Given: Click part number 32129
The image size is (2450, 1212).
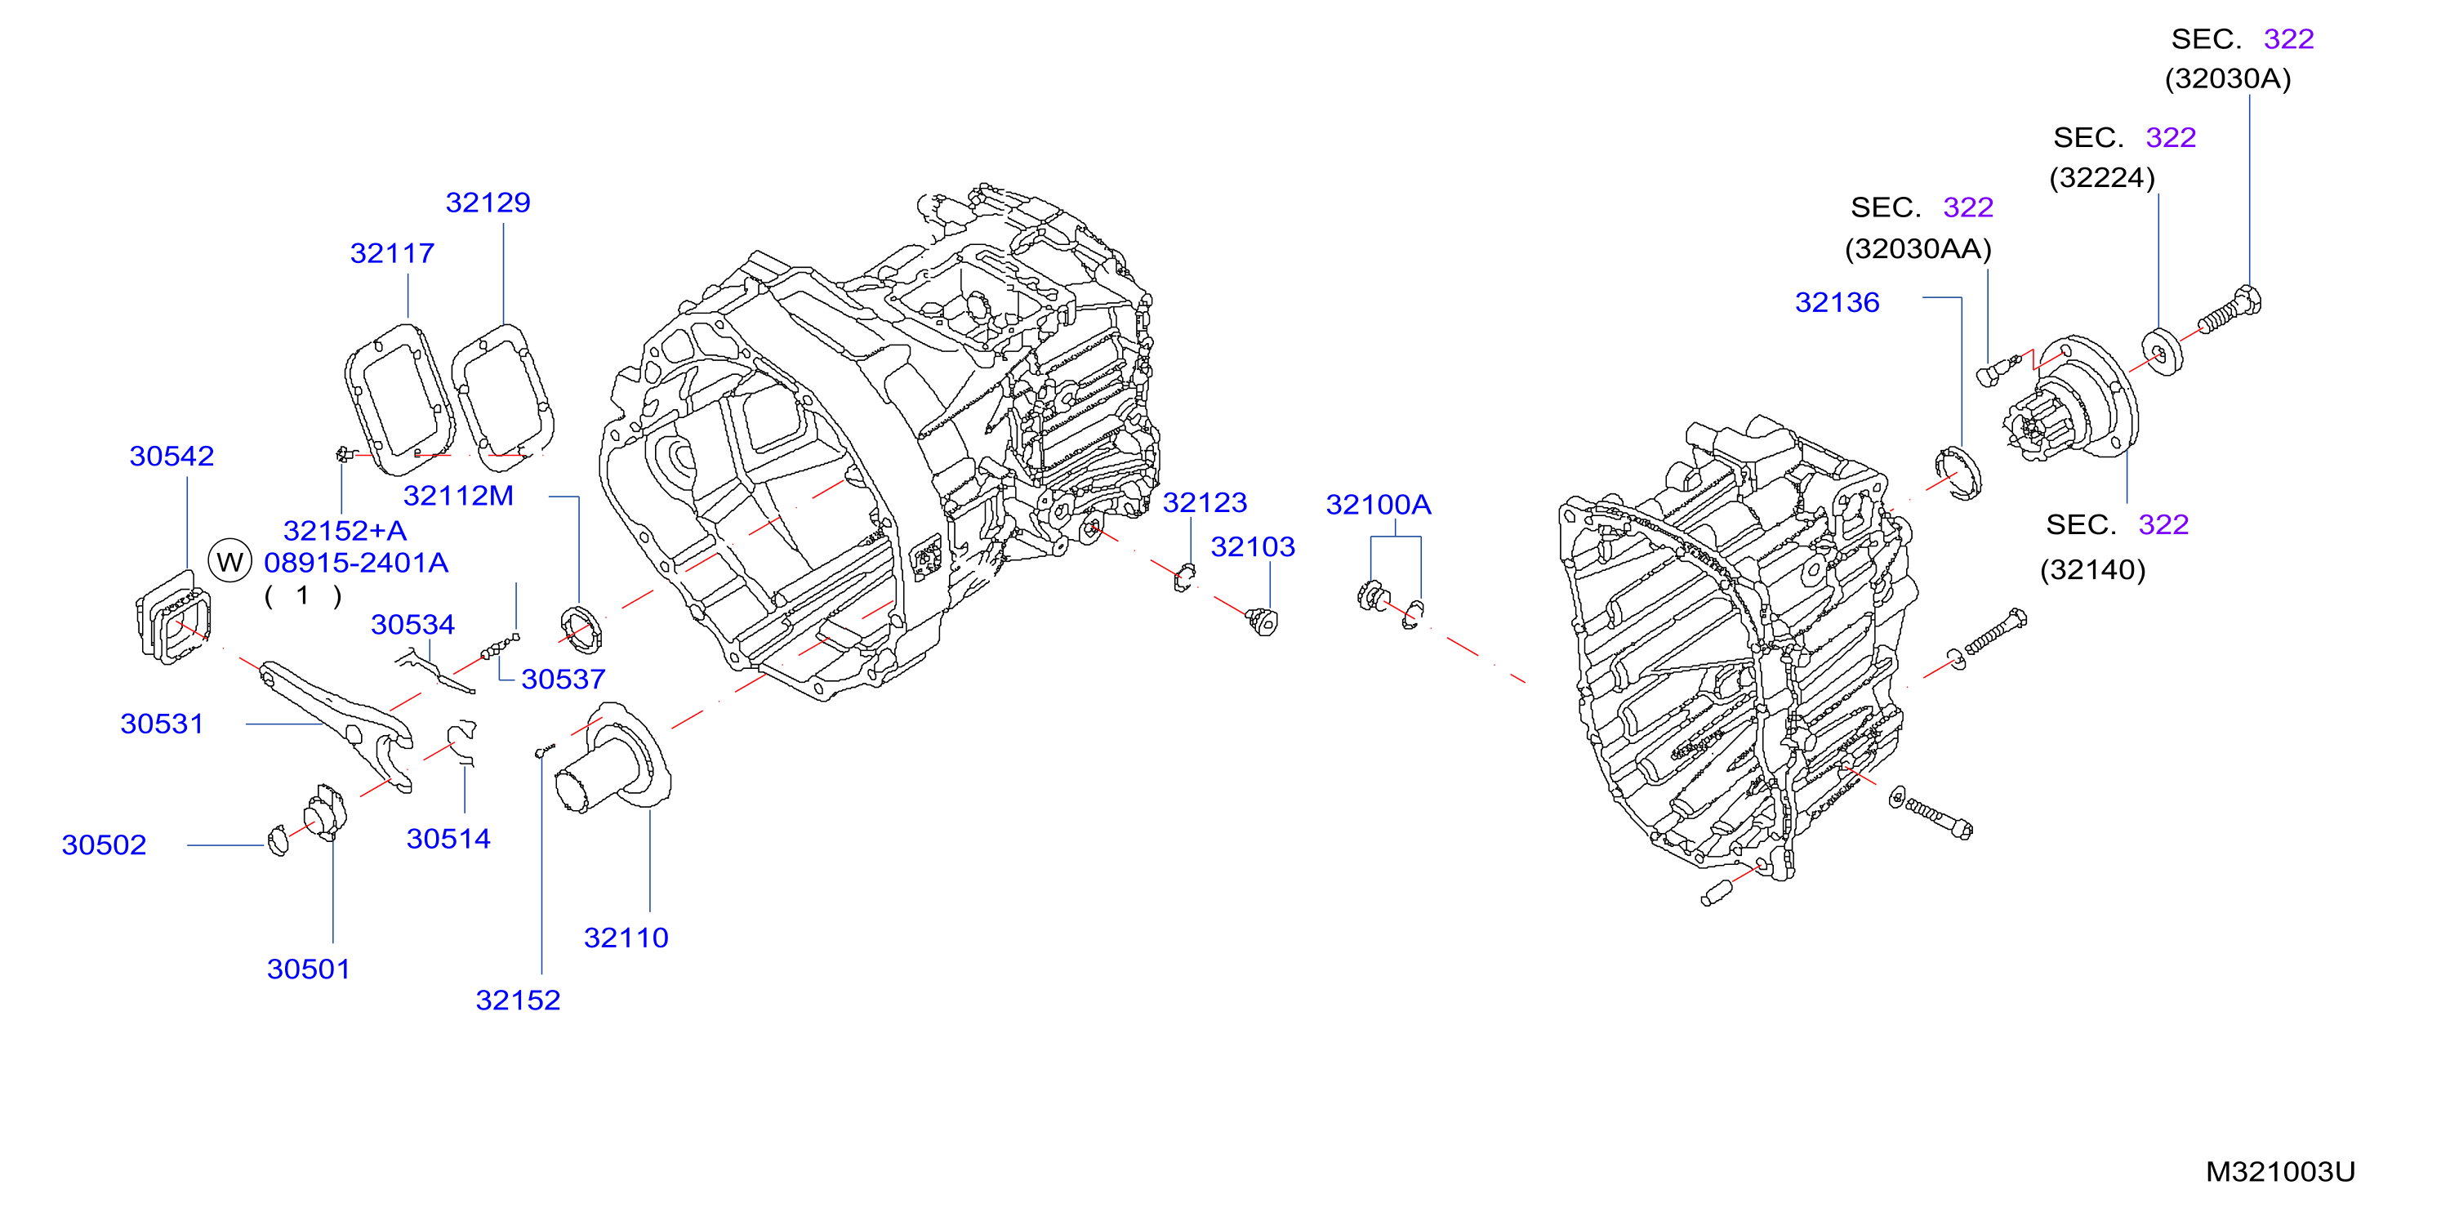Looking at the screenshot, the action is [x=488, y=203].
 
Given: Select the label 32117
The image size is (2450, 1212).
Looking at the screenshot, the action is [x=392, y=253].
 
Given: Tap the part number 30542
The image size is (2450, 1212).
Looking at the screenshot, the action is [x=171, y=456].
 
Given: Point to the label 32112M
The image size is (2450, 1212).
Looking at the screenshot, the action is [x=458, y=496].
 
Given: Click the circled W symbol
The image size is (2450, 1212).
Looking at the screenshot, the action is [x=229, y=561].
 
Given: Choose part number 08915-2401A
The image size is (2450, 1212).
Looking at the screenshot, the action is [x=356, y=562].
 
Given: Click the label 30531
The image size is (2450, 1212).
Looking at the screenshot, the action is [x=162, y=724].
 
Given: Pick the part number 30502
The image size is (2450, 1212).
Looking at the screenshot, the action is [x=104, y=844].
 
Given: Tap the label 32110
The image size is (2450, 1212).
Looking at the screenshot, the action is [x=626, y=938].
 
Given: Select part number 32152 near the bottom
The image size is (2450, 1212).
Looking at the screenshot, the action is [x=518, y=1000].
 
